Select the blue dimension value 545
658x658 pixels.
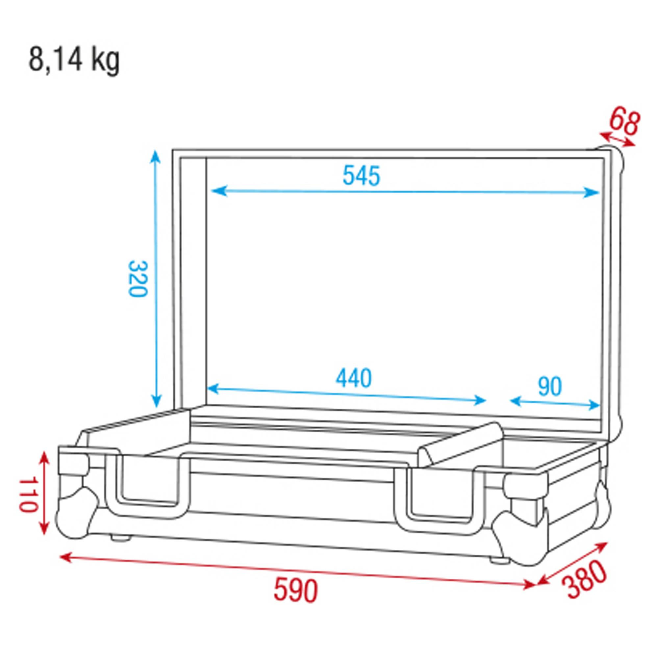point(361,176)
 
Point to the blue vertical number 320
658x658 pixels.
point(138,279)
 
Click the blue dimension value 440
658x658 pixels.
point(354,378)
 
